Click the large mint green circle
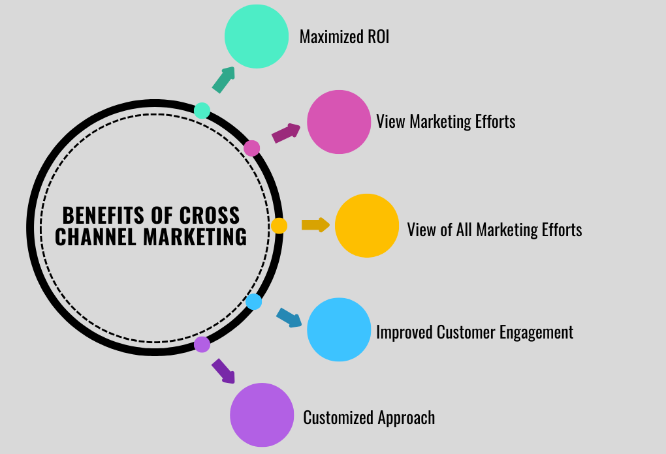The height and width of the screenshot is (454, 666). [257, 37]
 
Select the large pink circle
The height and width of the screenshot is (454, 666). [339, 122]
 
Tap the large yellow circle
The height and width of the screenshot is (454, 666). [367, 226]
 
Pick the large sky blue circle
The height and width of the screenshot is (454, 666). [339, 329]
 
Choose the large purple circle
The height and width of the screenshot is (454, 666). [262, 415]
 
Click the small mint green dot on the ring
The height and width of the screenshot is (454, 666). [202, 110]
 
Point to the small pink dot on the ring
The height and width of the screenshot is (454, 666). [252, 148]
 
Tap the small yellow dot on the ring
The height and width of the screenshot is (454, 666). [279, 226]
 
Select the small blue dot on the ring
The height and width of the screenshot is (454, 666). [254, 302]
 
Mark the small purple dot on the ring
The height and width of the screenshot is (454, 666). [202, 344]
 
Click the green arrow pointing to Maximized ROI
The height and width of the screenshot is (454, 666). [223, 80]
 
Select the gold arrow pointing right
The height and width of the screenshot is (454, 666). [315, 225]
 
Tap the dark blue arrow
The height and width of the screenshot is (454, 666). [289, 317]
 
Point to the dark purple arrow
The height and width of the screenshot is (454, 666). [223, 371]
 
